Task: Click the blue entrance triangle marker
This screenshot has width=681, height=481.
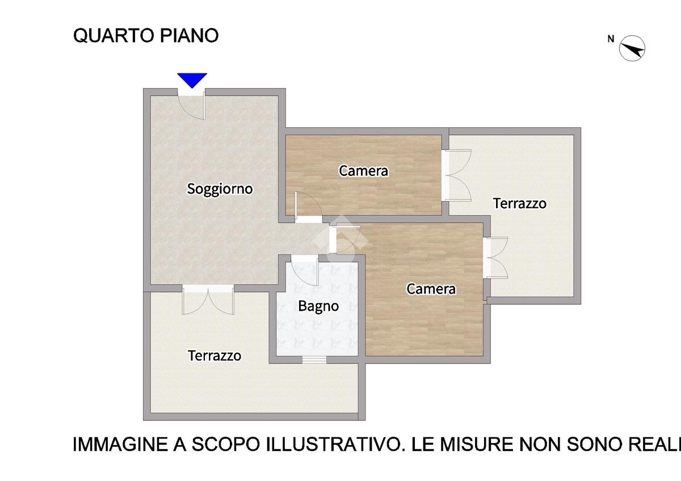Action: [x=192, y=80]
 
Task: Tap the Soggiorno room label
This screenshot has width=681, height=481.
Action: [x=220, y=189]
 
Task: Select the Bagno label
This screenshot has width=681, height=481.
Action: [x=318, y=306]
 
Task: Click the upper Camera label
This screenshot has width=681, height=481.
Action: [x=363, y=171]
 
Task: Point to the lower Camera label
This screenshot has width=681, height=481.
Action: [x=431, y=289]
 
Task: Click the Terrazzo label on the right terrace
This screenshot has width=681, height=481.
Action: [x=520, y=203]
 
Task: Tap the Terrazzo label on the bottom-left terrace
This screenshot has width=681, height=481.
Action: [x=215, y=355]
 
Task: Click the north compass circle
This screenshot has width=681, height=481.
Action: [x=632, y=48]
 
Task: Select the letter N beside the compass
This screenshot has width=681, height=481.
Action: [x=611, y=39]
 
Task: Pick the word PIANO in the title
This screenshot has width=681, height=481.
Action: [x=189, y=36]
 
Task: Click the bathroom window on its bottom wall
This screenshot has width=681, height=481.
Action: [x=314, y=359]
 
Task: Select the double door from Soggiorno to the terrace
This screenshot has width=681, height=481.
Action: [x=208, y=300]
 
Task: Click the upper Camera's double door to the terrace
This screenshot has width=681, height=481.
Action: [x=457, y=175]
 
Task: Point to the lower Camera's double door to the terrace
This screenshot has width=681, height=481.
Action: [x=495, y=258]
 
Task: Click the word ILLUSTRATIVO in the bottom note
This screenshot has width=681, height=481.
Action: [x=333, y=445]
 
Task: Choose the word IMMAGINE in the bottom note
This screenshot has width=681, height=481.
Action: [x=121, y=445]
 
